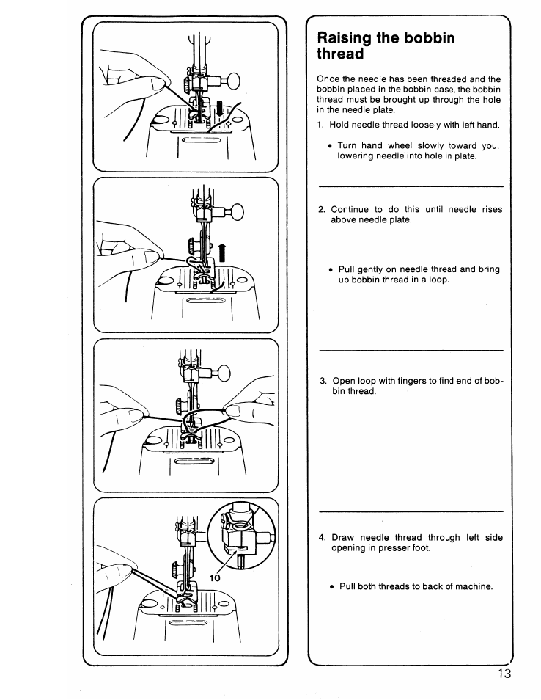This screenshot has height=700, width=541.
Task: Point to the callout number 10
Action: [215, 577]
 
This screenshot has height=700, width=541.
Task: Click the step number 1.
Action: [320, 124]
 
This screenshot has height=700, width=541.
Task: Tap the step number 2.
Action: [321, 209]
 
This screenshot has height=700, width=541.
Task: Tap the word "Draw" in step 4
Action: [343, 537]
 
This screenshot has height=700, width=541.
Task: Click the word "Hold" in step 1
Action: [340, 124]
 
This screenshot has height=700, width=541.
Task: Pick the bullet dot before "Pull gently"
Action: [331, 269]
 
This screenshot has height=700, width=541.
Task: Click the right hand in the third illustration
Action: [242, 415]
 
